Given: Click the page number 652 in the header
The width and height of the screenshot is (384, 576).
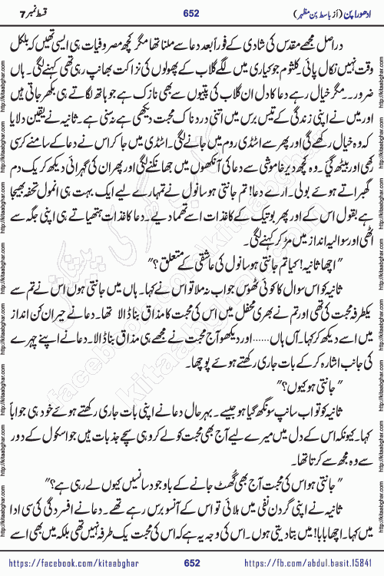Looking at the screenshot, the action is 192,12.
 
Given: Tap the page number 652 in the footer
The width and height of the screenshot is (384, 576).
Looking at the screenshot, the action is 192,564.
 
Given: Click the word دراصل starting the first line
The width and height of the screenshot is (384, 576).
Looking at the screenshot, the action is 349,50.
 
